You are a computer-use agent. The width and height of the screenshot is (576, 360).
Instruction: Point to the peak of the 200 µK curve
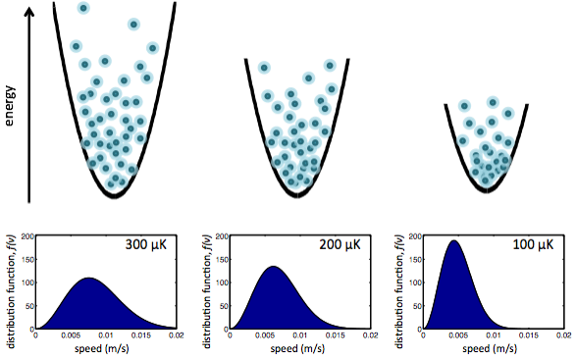[274, 267]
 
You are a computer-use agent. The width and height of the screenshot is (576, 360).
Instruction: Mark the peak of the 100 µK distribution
[454, 241]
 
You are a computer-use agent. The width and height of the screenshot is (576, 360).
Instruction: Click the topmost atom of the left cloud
[83, 8]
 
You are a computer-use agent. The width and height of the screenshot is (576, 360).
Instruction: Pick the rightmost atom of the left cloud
[152, 48]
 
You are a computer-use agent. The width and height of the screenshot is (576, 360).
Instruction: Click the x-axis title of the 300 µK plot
[106, 347]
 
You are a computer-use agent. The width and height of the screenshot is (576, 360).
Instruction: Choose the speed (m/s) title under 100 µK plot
[487, 347]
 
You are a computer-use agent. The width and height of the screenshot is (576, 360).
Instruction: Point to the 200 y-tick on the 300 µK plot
[26, 236]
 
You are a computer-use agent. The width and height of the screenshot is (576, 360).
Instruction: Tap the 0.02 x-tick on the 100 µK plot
[555, 335]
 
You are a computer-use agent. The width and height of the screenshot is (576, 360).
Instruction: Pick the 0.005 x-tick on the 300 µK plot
[71, 335]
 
